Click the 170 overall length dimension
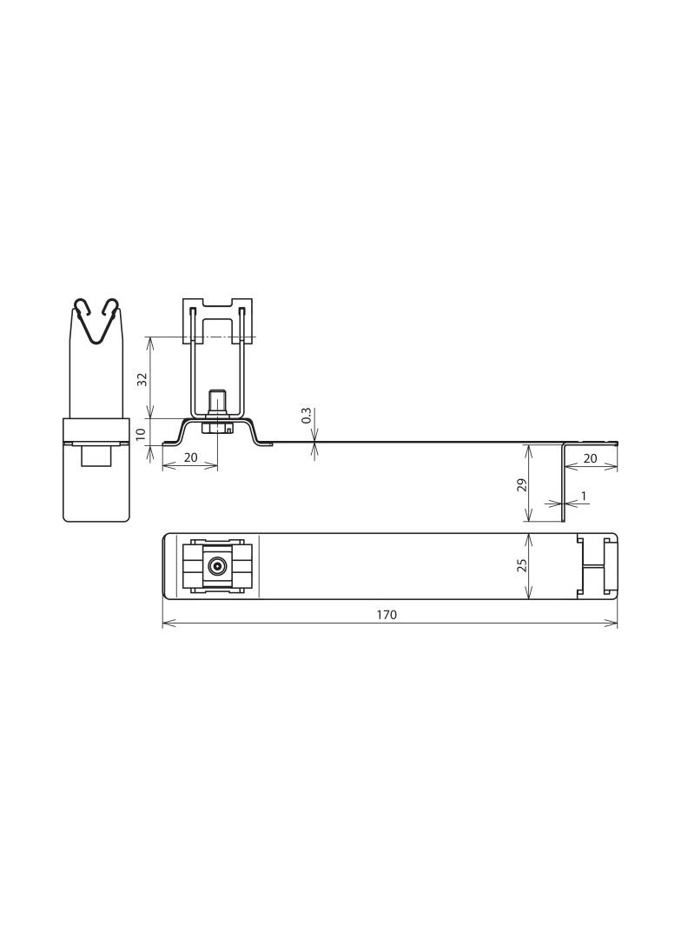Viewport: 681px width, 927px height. (x=387, y=614)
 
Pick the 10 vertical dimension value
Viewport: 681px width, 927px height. (x=142, y=431)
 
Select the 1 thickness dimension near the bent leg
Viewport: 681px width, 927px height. (x=584, y=496)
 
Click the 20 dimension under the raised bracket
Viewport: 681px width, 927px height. (x=190, y=457)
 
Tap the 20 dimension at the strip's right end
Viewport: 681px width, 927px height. (x=591, y=457)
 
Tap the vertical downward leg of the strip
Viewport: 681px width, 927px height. (x=563, y=483)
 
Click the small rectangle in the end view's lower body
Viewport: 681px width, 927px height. (x=96, y=456)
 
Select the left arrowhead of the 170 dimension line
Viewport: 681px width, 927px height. (x=166, y=624)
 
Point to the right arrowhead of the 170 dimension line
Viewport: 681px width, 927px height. (x=614, y=624)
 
